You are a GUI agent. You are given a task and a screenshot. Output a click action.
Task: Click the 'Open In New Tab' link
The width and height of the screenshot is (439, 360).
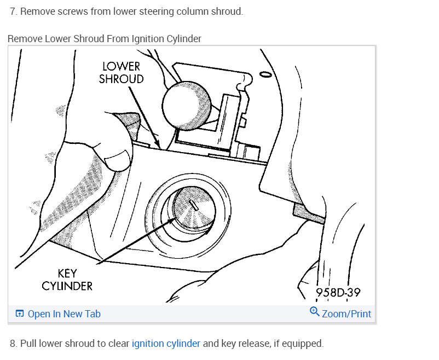click(x=64, y=314)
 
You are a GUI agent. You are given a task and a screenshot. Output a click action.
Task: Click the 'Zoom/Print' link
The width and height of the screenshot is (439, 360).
click(x=346, y=314)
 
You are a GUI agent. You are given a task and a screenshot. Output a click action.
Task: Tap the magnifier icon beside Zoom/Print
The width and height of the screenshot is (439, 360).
click(x=314, y=312)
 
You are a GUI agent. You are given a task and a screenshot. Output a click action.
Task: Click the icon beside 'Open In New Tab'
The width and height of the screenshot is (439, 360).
click(x=20, y=314)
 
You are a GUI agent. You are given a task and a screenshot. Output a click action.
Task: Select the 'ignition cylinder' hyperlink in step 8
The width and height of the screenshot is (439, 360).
click(x=166, y=344)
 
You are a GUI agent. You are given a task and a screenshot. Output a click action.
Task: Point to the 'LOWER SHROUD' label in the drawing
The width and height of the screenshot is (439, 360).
click(x=121, y=73)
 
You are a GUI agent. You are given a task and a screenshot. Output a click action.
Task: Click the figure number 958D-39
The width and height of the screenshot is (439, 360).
click(x=338, y=293)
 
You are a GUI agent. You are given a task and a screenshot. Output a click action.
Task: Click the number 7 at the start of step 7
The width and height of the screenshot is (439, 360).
click(x=13, y=11)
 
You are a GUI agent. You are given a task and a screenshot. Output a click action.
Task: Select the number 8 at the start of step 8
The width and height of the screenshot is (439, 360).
click(x=13, y=344)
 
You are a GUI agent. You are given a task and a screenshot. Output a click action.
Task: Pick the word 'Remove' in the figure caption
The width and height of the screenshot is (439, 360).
click(x=25, y=39)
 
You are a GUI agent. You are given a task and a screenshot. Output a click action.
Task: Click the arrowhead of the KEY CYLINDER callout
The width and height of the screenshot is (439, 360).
click(x=176, y=218)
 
